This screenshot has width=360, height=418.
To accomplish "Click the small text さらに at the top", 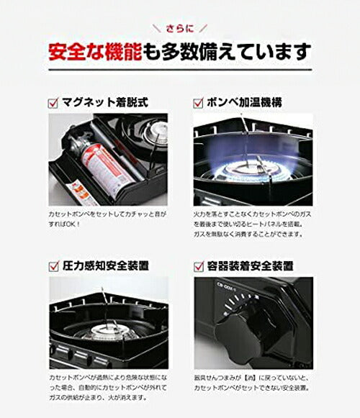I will (x=180, y=29).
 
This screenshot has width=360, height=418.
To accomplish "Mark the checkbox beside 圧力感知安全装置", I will (x=54, y=265).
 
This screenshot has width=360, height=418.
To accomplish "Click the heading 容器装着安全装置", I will (x=253, y=265).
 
